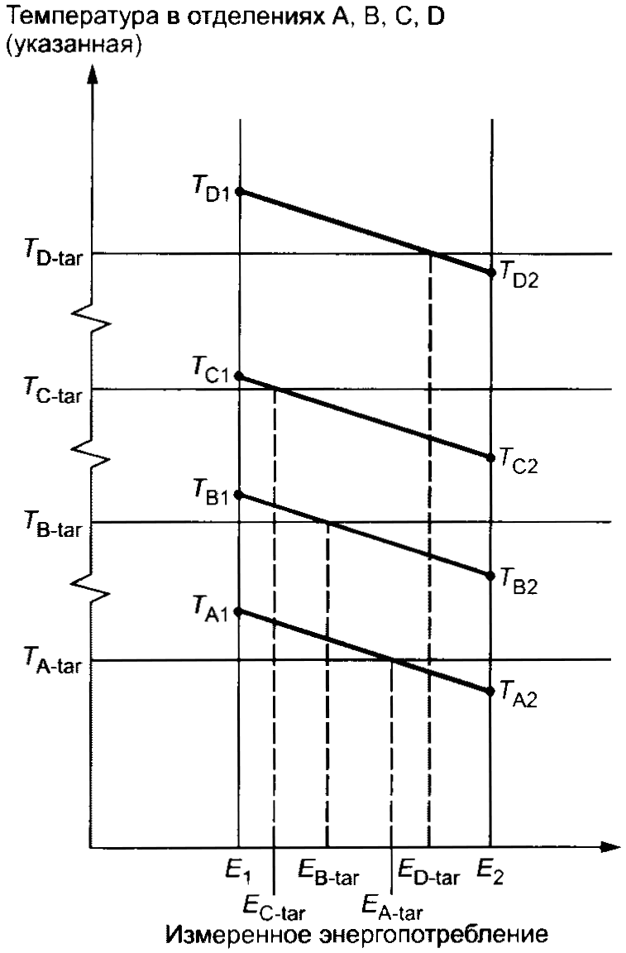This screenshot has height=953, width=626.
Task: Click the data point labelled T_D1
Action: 240,191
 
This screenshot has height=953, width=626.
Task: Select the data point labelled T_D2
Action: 492,272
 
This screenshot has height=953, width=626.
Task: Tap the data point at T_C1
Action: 240,376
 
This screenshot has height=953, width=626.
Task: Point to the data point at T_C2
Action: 492,457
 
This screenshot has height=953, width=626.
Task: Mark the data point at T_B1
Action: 240,495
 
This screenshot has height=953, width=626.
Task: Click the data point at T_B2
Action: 492,575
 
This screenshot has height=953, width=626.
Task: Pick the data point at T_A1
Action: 240,612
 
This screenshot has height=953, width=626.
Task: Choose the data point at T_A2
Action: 492,692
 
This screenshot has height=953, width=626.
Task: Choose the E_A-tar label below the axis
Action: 392,907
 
